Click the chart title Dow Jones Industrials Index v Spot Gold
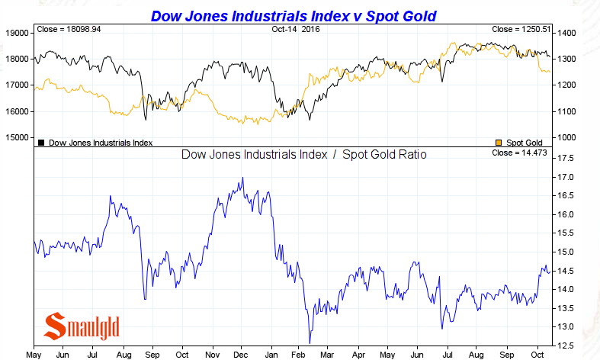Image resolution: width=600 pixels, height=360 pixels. click(x=298, y=15)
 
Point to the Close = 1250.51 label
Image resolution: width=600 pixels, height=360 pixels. click(x=521, y=30)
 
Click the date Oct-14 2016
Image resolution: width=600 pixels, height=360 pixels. click(x=296, y=30)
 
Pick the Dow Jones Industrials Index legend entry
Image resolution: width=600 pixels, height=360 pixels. click(x=95, y=143)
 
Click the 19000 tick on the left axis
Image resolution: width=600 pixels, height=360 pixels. click(x=16, y=33)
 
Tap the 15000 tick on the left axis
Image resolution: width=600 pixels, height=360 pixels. click(x=16, y=137)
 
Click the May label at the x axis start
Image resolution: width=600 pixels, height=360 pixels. click(x=34, y=354)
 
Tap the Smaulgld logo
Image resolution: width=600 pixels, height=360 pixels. click(x=82, y=326)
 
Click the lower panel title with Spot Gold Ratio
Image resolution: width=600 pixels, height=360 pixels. click(x=303, y=155)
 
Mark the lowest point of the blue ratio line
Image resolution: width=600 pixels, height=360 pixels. click(x=310, y=343)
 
